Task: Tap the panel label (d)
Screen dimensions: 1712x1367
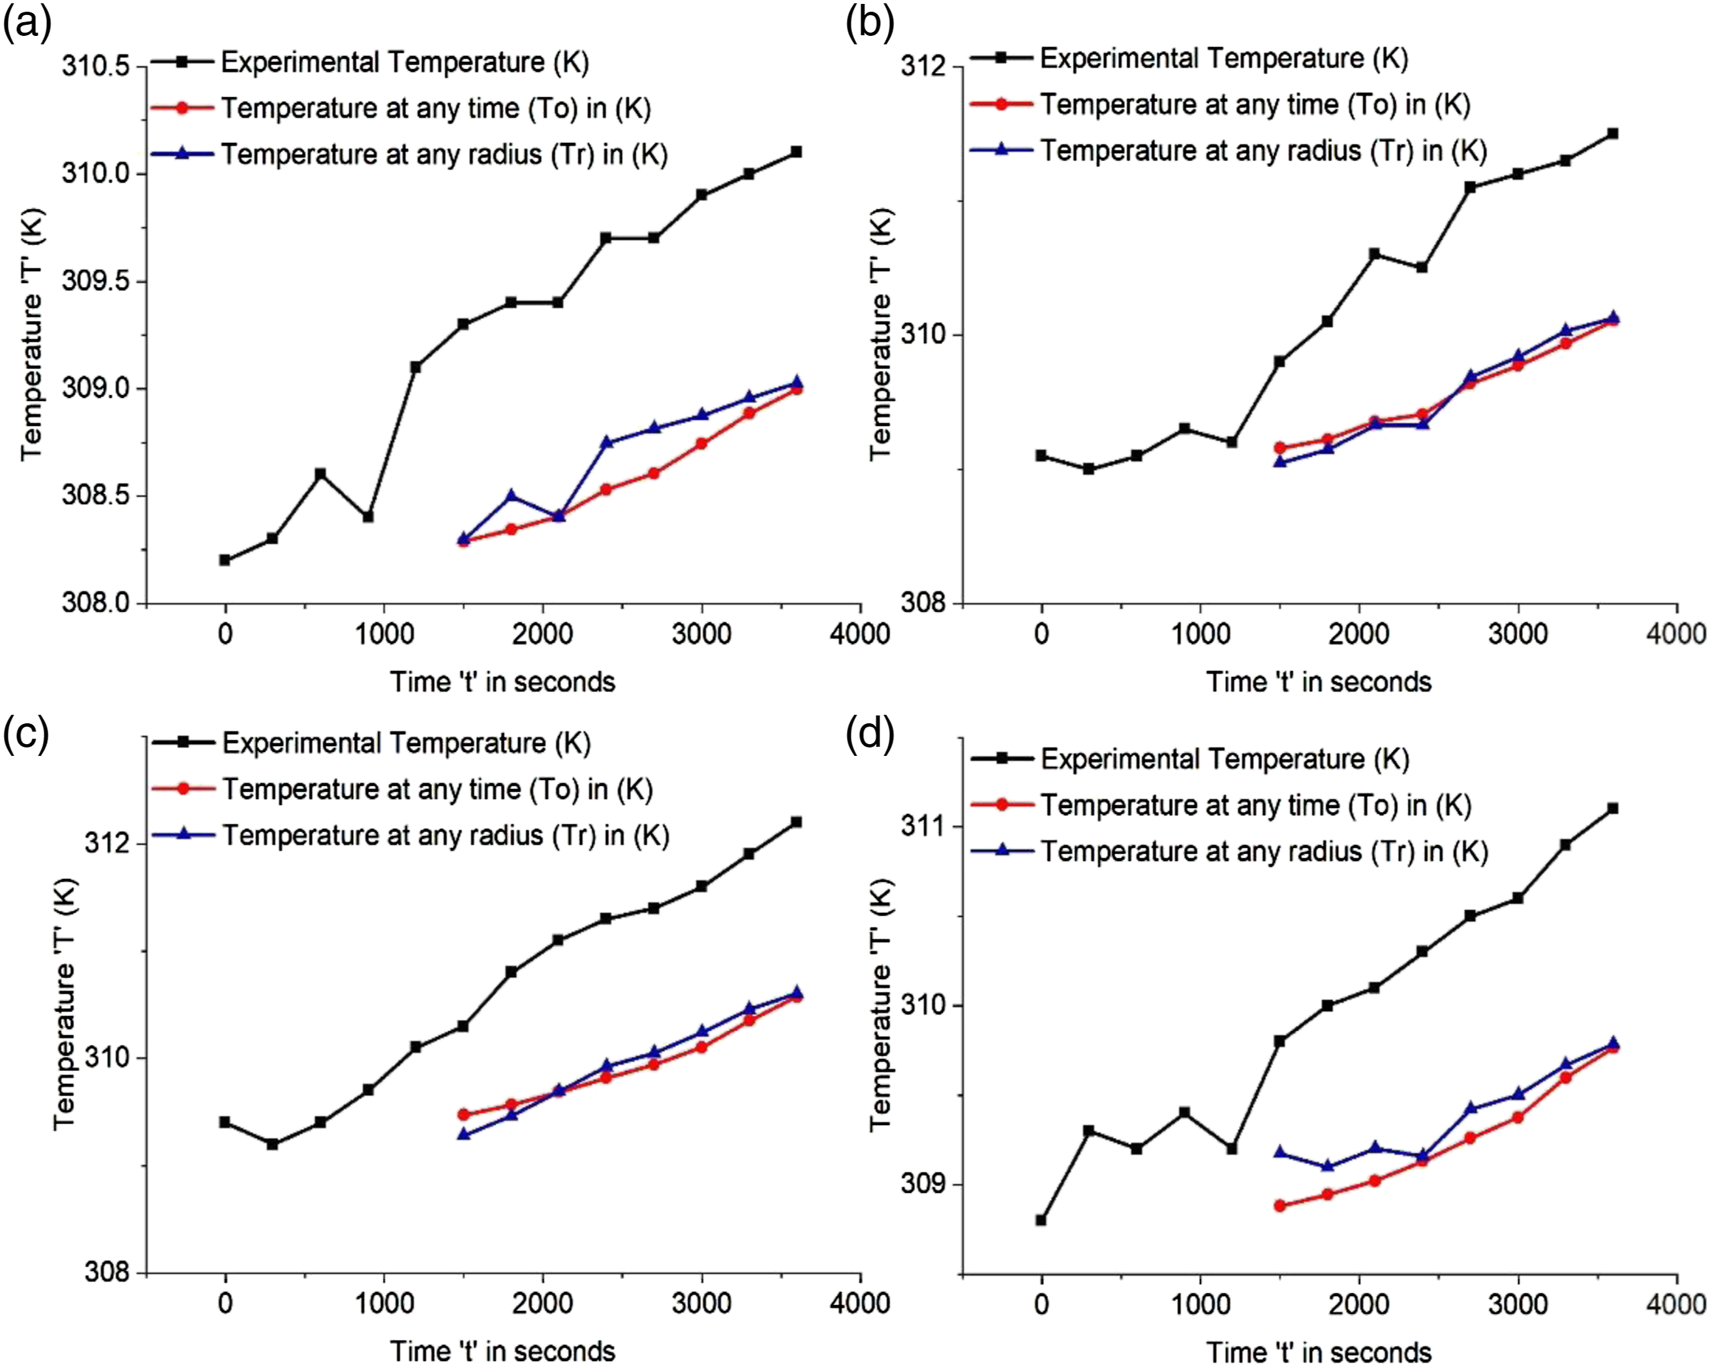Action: pyautogui.click(x=870, y=734)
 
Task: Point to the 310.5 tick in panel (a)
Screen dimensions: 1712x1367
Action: pyautogui.click(x=95, y=67)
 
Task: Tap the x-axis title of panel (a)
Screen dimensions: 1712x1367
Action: pyautogui.click(x=502, y=681)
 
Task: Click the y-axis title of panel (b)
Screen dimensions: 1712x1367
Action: pyautogui.click(x=881, y=334)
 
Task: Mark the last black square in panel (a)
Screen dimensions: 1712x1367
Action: pyautogui.click(x=797, y=151)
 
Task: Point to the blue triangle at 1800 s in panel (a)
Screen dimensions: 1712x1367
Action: pyautogui.click(x=512, y=496)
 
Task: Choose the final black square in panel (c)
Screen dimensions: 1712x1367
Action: pyautogui.click(x=797, y=822)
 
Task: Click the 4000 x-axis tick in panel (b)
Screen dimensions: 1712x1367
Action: pyautogui.click(x=1676, y=633)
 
